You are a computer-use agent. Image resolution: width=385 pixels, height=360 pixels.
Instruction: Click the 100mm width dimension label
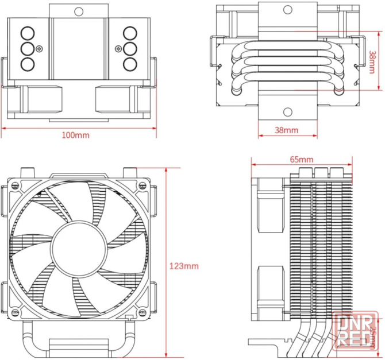coord(76,136)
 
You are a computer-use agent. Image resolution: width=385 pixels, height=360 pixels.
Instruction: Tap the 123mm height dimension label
coord(184,266)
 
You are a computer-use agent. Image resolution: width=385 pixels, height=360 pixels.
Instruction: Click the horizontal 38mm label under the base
coord(287,130)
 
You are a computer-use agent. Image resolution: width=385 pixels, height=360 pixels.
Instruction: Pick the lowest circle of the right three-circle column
coord(130,62)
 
